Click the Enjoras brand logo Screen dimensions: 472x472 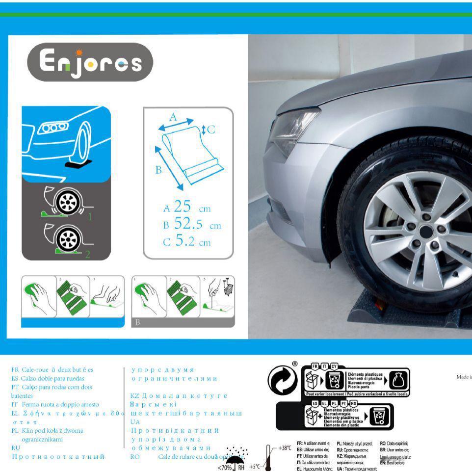click(x=90, y=62)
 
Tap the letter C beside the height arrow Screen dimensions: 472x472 click(x=211, y=130)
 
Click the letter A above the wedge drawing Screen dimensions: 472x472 click(x=172, y=117)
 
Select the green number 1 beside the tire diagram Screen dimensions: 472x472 click(x=89, y=216)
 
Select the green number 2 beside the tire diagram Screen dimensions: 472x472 click(x=88, y=254)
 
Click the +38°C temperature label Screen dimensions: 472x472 click(x=285, y=448)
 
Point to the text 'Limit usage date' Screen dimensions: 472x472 click(x=395, y=457)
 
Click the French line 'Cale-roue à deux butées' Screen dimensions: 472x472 click(x=52, y=369)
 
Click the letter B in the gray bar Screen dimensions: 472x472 click(x=138, y=322)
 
